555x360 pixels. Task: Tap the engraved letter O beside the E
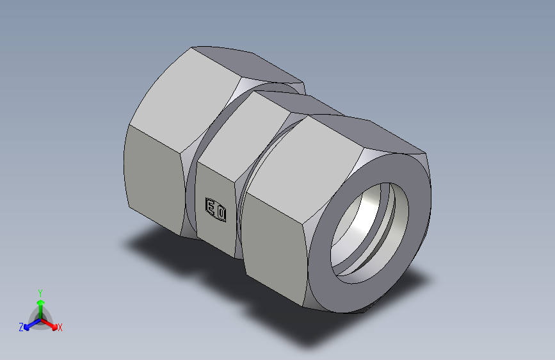point(220,212)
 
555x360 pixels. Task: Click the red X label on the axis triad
point(60,328)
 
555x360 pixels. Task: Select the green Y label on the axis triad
point(40,291)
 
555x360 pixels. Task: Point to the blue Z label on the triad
point(21,327)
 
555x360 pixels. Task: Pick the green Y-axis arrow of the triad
point(40,304)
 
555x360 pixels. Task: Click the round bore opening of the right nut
point(368,231)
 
